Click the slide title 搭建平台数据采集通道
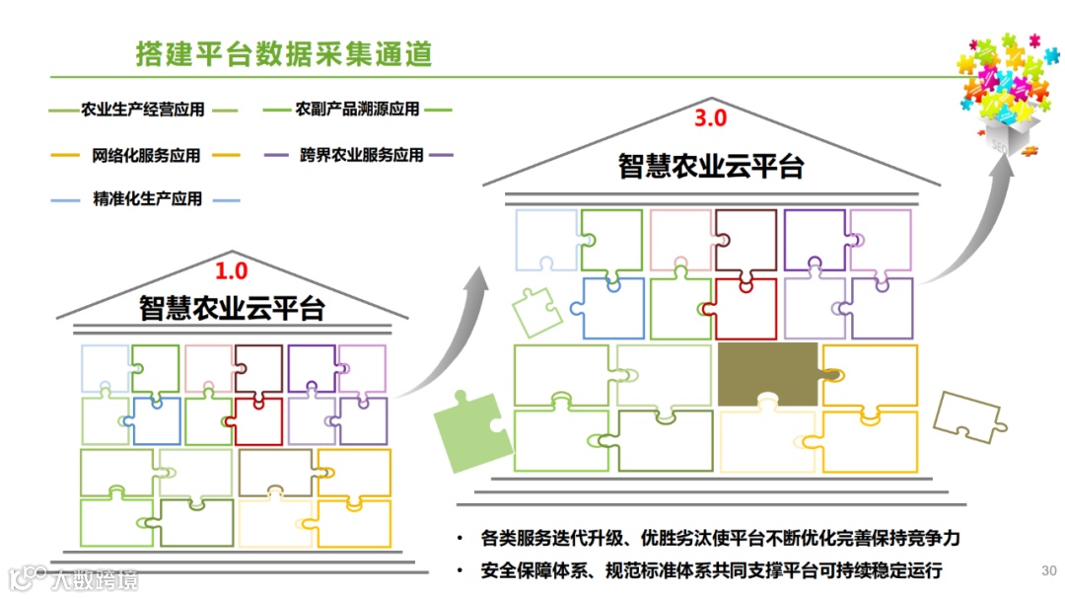click(x=284, y=53)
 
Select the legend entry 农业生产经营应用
click(x=143, y=110)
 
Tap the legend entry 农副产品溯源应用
click(x=357, y=109)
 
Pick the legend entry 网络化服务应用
click(x=145, y=155)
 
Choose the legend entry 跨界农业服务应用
click(x=361, y=155)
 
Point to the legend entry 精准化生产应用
click(x=147, y=199)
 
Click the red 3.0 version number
click(x=710, y=119)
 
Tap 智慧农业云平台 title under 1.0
click(x=232, y=307)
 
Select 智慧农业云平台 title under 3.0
click(x=710, y=165)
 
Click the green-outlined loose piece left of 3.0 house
click(x=536, y=311)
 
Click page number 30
click(x=1048, y=570)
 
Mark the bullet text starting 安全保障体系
click(x=712, y=570)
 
